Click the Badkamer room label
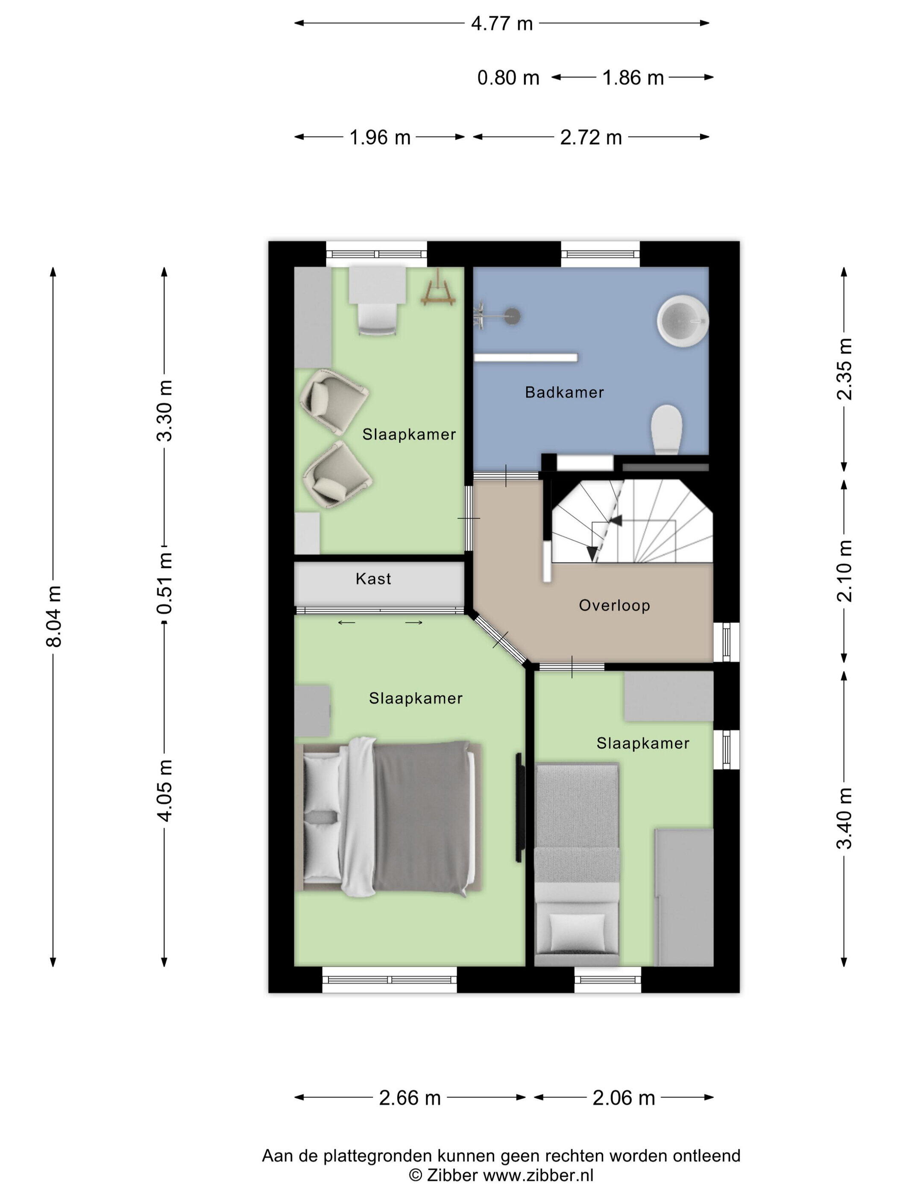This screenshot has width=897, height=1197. click(564, 392)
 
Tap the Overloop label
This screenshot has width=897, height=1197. click(614, 605)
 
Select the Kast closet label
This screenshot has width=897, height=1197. click(373, 579)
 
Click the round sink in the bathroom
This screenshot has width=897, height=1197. click(682, 320)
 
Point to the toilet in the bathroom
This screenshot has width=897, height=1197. click(667, 430)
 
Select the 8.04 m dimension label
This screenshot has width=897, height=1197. click(55, 616)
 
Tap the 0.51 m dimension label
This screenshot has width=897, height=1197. click(164, 584)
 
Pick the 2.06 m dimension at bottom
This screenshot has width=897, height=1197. click(623, 1097)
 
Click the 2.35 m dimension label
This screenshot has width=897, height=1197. click(844, 369)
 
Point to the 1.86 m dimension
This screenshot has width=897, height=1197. click(633, 78)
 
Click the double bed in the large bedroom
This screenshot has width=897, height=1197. click(388, 818)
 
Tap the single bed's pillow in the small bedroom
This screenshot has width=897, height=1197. click(577, 932)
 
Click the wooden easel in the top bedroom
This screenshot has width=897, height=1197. click(437, 289)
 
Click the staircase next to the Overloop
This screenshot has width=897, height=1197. click(631, 521)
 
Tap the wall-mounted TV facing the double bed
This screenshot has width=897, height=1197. click(519, 808)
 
